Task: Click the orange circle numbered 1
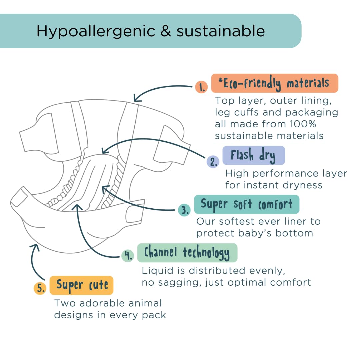[201, 87]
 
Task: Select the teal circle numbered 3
[184, 210]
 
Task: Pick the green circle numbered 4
[128, 255]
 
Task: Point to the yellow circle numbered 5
[40, 288]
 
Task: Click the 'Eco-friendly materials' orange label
[274, 83]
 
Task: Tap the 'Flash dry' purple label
[254, 156]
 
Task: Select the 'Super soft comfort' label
[247, 204]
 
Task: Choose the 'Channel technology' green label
[187, 253]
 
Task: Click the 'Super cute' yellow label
[82, 285]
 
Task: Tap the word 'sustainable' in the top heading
[221, 31]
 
